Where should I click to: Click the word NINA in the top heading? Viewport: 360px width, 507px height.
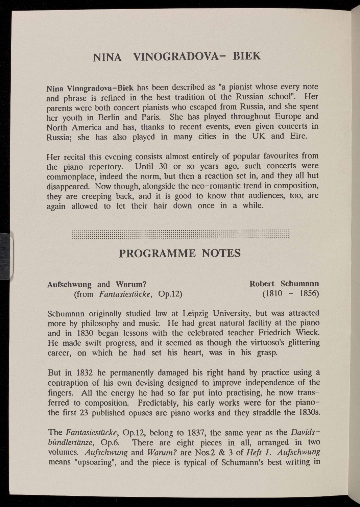[x=107, y=57]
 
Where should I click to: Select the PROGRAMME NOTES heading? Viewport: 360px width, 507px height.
[x=180, y=253]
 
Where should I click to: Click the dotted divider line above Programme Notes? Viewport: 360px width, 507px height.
[x=181, y=234]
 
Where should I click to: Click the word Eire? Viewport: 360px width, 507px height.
[x=298, y=136]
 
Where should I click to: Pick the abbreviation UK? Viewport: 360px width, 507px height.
[x=259, y=136]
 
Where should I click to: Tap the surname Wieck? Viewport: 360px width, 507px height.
[x=307, y=333]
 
